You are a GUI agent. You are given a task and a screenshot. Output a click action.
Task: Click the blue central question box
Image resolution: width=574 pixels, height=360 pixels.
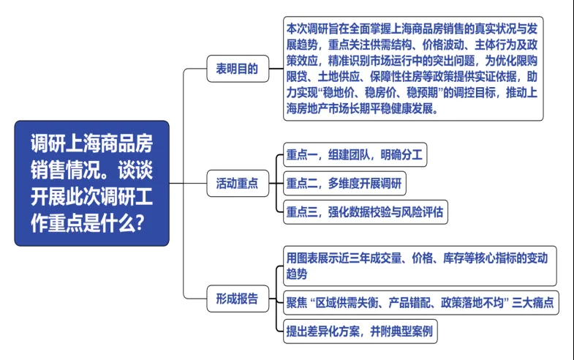(91, 183)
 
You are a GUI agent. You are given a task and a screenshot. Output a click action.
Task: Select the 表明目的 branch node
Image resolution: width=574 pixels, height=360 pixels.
(236, 70)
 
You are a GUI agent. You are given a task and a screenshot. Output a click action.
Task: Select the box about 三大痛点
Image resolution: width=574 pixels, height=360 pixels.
(420, 302)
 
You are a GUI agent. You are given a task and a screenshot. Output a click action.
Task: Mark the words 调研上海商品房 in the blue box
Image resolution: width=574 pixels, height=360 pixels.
(91, 142)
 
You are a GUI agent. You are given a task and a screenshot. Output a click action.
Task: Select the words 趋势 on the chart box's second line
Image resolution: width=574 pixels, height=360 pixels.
(297, 274)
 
